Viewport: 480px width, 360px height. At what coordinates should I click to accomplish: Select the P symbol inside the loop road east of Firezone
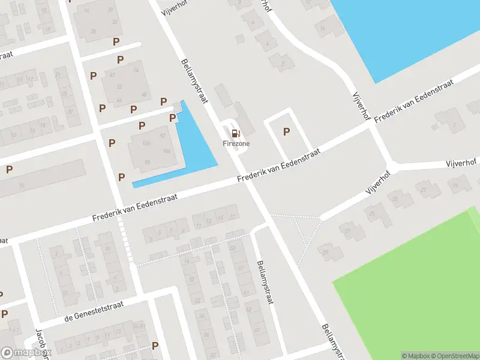click(x=286, y=132)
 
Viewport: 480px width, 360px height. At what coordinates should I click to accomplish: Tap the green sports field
click(x=414, y=288)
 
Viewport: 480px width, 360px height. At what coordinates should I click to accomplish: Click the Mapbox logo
click(x=26, y=353)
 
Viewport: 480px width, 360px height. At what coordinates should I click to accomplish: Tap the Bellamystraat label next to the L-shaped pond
click(x=194, y=80)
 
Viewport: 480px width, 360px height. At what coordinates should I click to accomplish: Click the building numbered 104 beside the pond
click(x=166, y=151)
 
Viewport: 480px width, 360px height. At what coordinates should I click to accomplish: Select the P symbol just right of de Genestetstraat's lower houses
click(x=155, y=346)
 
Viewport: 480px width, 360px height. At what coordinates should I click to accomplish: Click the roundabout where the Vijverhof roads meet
click(x=391, y=167)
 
